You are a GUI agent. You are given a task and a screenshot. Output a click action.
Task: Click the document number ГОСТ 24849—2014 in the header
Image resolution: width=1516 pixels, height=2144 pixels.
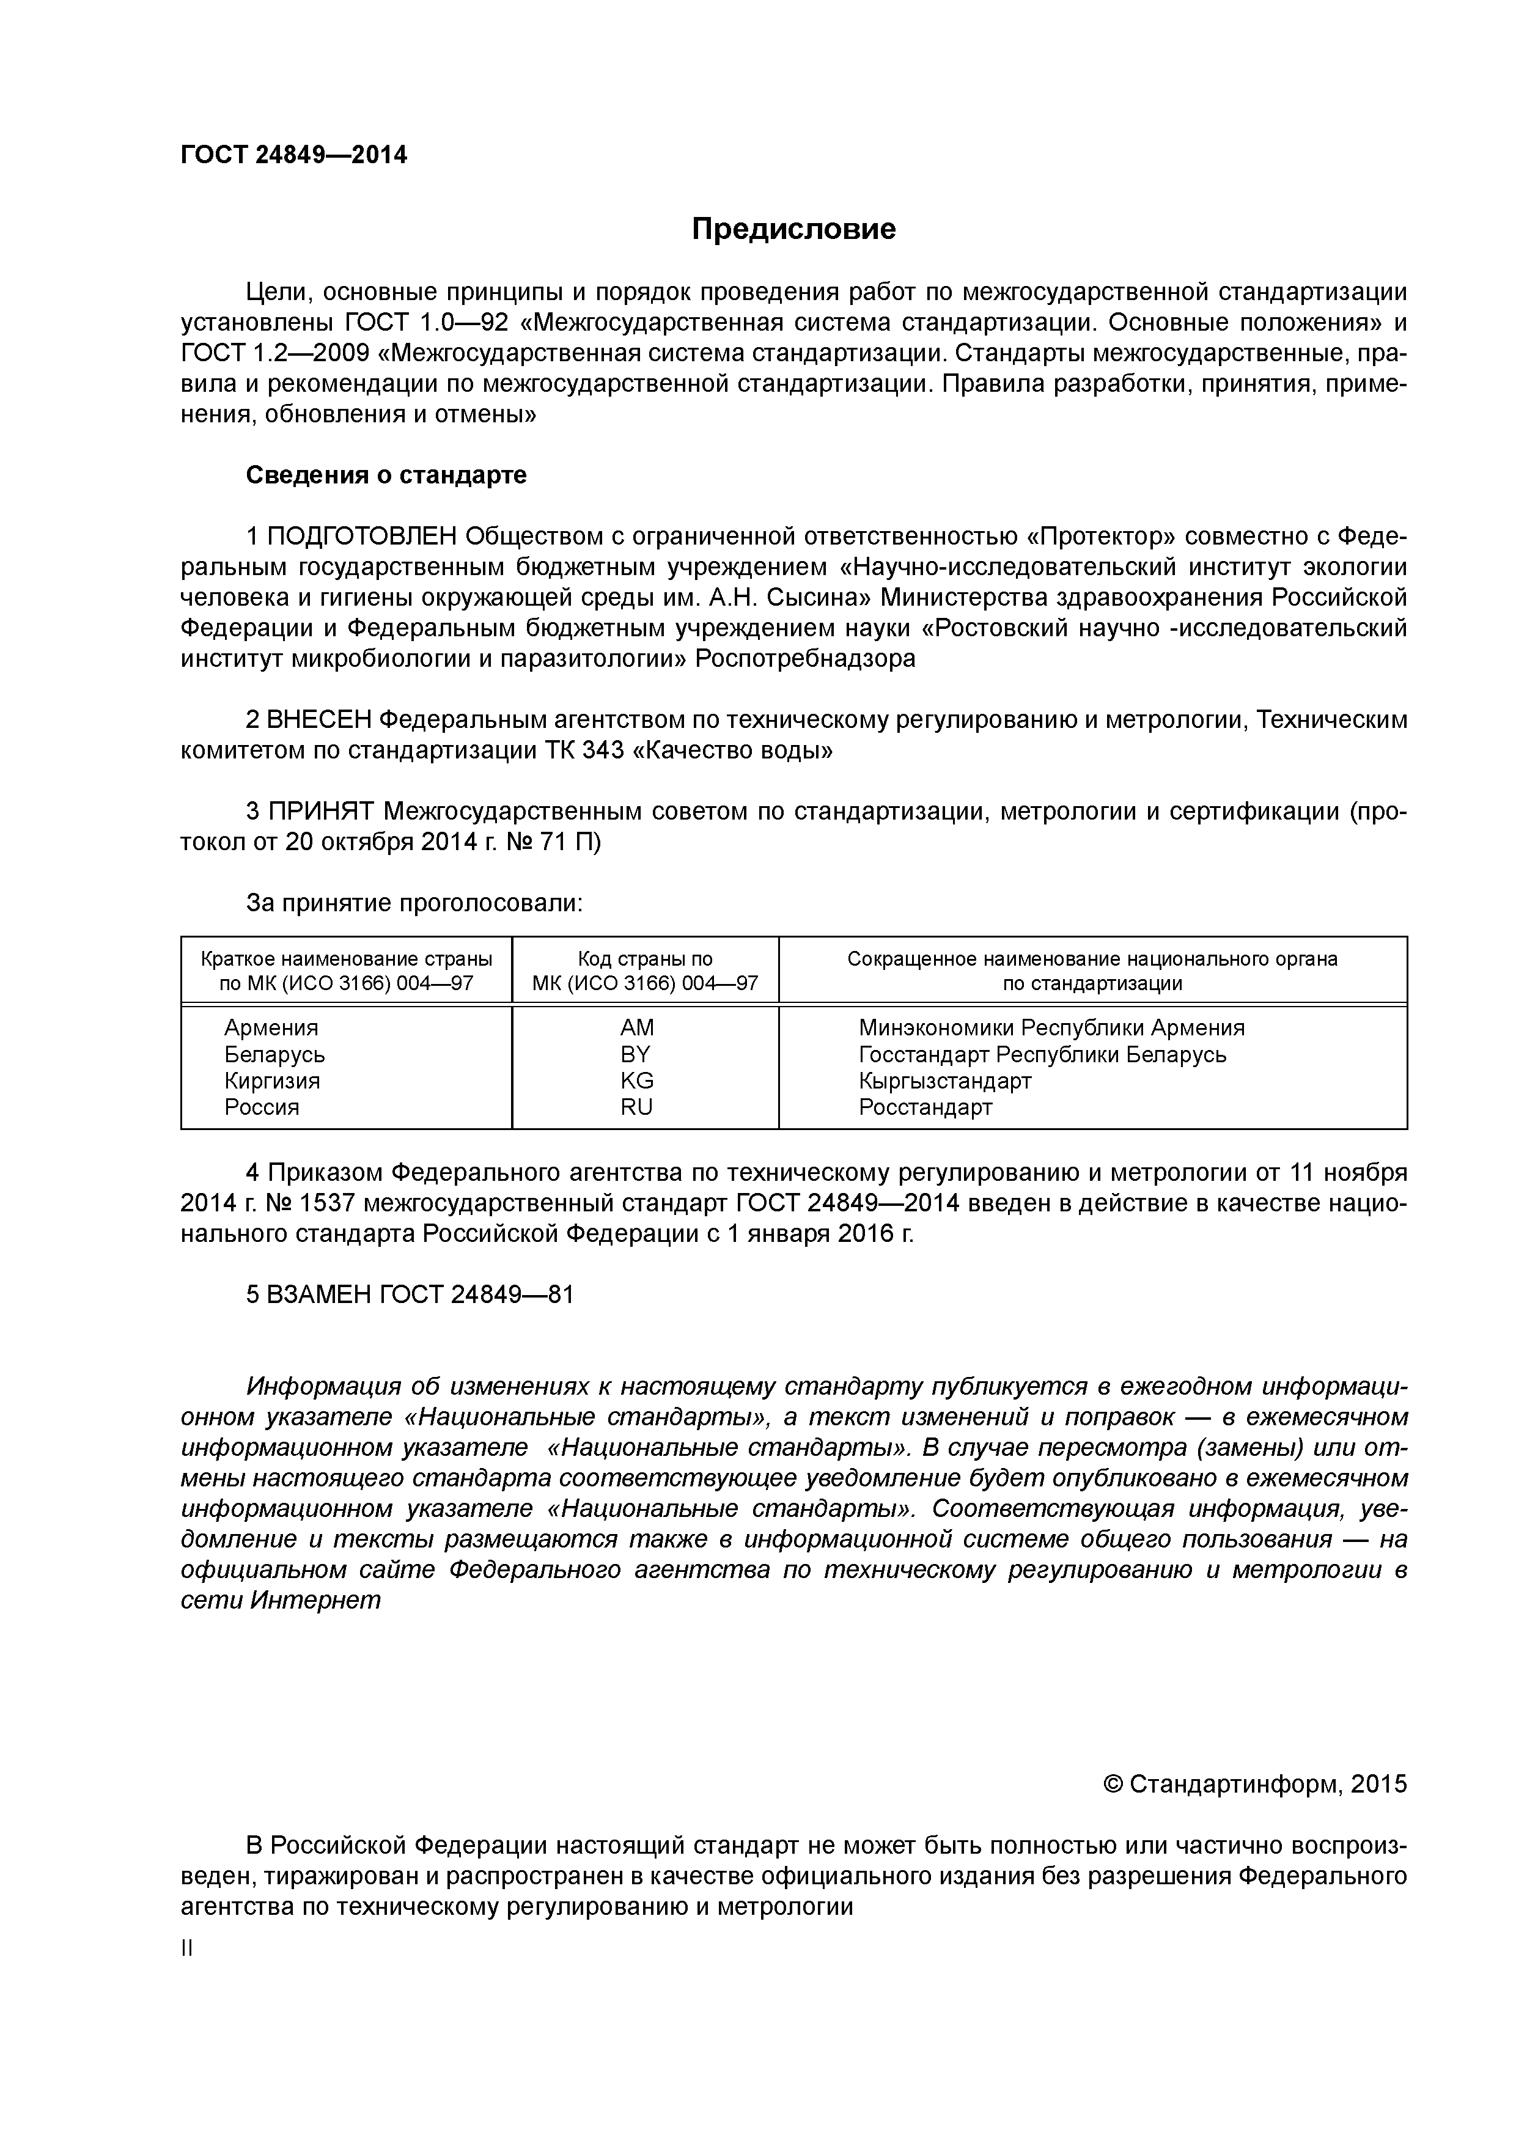[x=293, y=155]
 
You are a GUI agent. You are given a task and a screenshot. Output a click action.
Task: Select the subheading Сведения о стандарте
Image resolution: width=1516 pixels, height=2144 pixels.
[x=386, y=475]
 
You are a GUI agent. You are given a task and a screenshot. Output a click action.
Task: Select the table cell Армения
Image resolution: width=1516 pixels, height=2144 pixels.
[x=271, y=1028]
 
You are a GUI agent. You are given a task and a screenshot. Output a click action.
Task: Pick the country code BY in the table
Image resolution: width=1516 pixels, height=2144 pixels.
[x=636, y=1054]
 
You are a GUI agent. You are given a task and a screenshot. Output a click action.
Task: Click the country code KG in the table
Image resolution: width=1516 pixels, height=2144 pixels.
[x=636, y=1081]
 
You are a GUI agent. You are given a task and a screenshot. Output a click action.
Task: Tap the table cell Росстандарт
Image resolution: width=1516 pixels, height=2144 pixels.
[x=925, y=1107]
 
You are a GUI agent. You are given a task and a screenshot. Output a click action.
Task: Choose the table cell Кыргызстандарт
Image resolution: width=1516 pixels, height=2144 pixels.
[x=944, y=1081]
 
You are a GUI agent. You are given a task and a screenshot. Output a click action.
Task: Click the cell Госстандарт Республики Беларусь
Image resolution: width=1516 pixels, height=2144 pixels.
[x=1042, y=1054]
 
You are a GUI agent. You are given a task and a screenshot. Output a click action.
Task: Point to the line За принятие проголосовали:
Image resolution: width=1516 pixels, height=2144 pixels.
[x=414, y=903]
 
